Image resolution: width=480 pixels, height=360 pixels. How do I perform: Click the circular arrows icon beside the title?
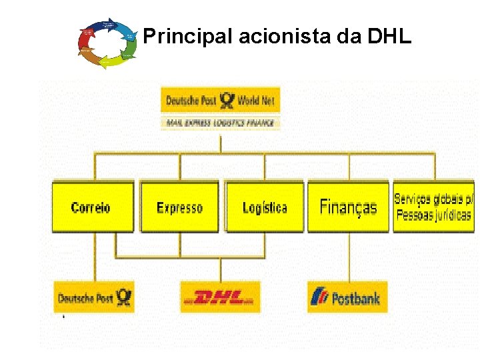107,43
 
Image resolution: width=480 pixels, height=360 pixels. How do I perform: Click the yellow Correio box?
92,207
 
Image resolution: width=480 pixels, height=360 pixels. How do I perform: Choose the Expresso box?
179,207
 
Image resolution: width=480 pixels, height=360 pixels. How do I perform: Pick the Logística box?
265,207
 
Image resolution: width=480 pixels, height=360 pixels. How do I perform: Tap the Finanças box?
348,207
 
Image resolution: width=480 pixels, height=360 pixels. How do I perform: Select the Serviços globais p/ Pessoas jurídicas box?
433,207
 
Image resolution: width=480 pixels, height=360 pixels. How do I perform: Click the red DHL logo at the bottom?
219,297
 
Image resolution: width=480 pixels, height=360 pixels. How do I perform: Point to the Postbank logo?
347,297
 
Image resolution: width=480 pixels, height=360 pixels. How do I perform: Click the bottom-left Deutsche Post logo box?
94,297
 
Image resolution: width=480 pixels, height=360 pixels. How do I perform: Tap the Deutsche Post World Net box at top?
221,101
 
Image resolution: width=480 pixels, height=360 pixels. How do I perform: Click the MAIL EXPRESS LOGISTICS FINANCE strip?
221,123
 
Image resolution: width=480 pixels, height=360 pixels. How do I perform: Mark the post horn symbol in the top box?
227,101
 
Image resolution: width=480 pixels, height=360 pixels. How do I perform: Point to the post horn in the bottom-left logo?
123,297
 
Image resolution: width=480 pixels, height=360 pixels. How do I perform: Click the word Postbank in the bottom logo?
356,299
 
